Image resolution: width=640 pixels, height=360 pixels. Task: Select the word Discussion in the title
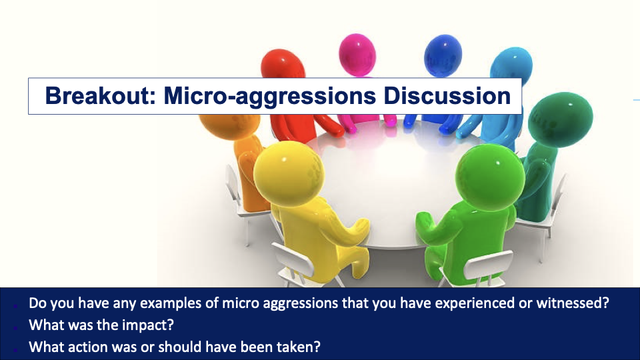point(447,95)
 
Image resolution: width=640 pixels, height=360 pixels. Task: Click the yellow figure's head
point(289,173)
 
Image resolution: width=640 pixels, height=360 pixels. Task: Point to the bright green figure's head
point(490,178)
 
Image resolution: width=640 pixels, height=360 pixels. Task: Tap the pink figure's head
point(357,55)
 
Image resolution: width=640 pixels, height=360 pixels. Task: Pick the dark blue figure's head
point(443,57)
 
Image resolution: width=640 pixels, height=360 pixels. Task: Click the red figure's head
point(283,65)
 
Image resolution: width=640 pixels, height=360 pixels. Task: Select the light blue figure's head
point(511,64)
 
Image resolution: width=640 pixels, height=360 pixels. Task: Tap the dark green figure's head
point(560,119)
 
